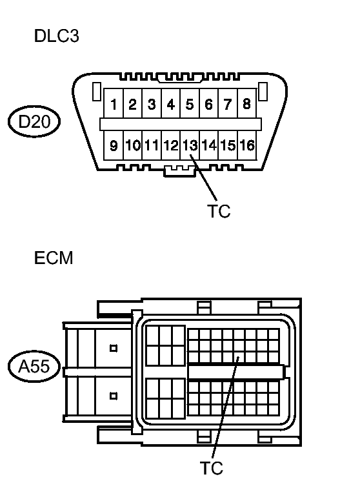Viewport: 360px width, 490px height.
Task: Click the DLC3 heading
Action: point(57,36)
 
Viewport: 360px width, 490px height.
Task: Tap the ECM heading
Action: point(54,258)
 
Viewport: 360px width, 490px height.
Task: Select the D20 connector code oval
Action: point(34,121)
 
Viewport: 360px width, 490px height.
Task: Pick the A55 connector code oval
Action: point(34,366)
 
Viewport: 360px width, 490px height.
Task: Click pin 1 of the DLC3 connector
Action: point(114,103)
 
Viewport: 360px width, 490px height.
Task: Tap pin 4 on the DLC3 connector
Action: point(170,103)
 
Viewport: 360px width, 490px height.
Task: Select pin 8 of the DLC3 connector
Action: point(246,103)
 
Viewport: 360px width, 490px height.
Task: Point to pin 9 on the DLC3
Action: point(114,145)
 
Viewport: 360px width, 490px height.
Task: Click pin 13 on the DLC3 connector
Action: point(190,145)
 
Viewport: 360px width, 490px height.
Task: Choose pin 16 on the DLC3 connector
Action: point(247,145)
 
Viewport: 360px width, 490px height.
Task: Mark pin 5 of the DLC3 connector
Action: point(190,103)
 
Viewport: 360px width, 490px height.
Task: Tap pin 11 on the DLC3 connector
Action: point(152,145)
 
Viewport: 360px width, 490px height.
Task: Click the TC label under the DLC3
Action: point(219,211)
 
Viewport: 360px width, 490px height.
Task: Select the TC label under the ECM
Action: point(212,468)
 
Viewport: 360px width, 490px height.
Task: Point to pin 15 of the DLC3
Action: point(228,145)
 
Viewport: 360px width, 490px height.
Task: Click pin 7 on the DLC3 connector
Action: point(228,103)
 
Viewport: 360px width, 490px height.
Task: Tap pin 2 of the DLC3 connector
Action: point(132,103)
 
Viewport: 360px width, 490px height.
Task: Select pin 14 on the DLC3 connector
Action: point(208,145)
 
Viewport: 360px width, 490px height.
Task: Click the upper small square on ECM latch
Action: point(114,348)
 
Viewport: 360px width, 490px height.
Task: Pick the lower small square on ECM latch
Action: point(114,396)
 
